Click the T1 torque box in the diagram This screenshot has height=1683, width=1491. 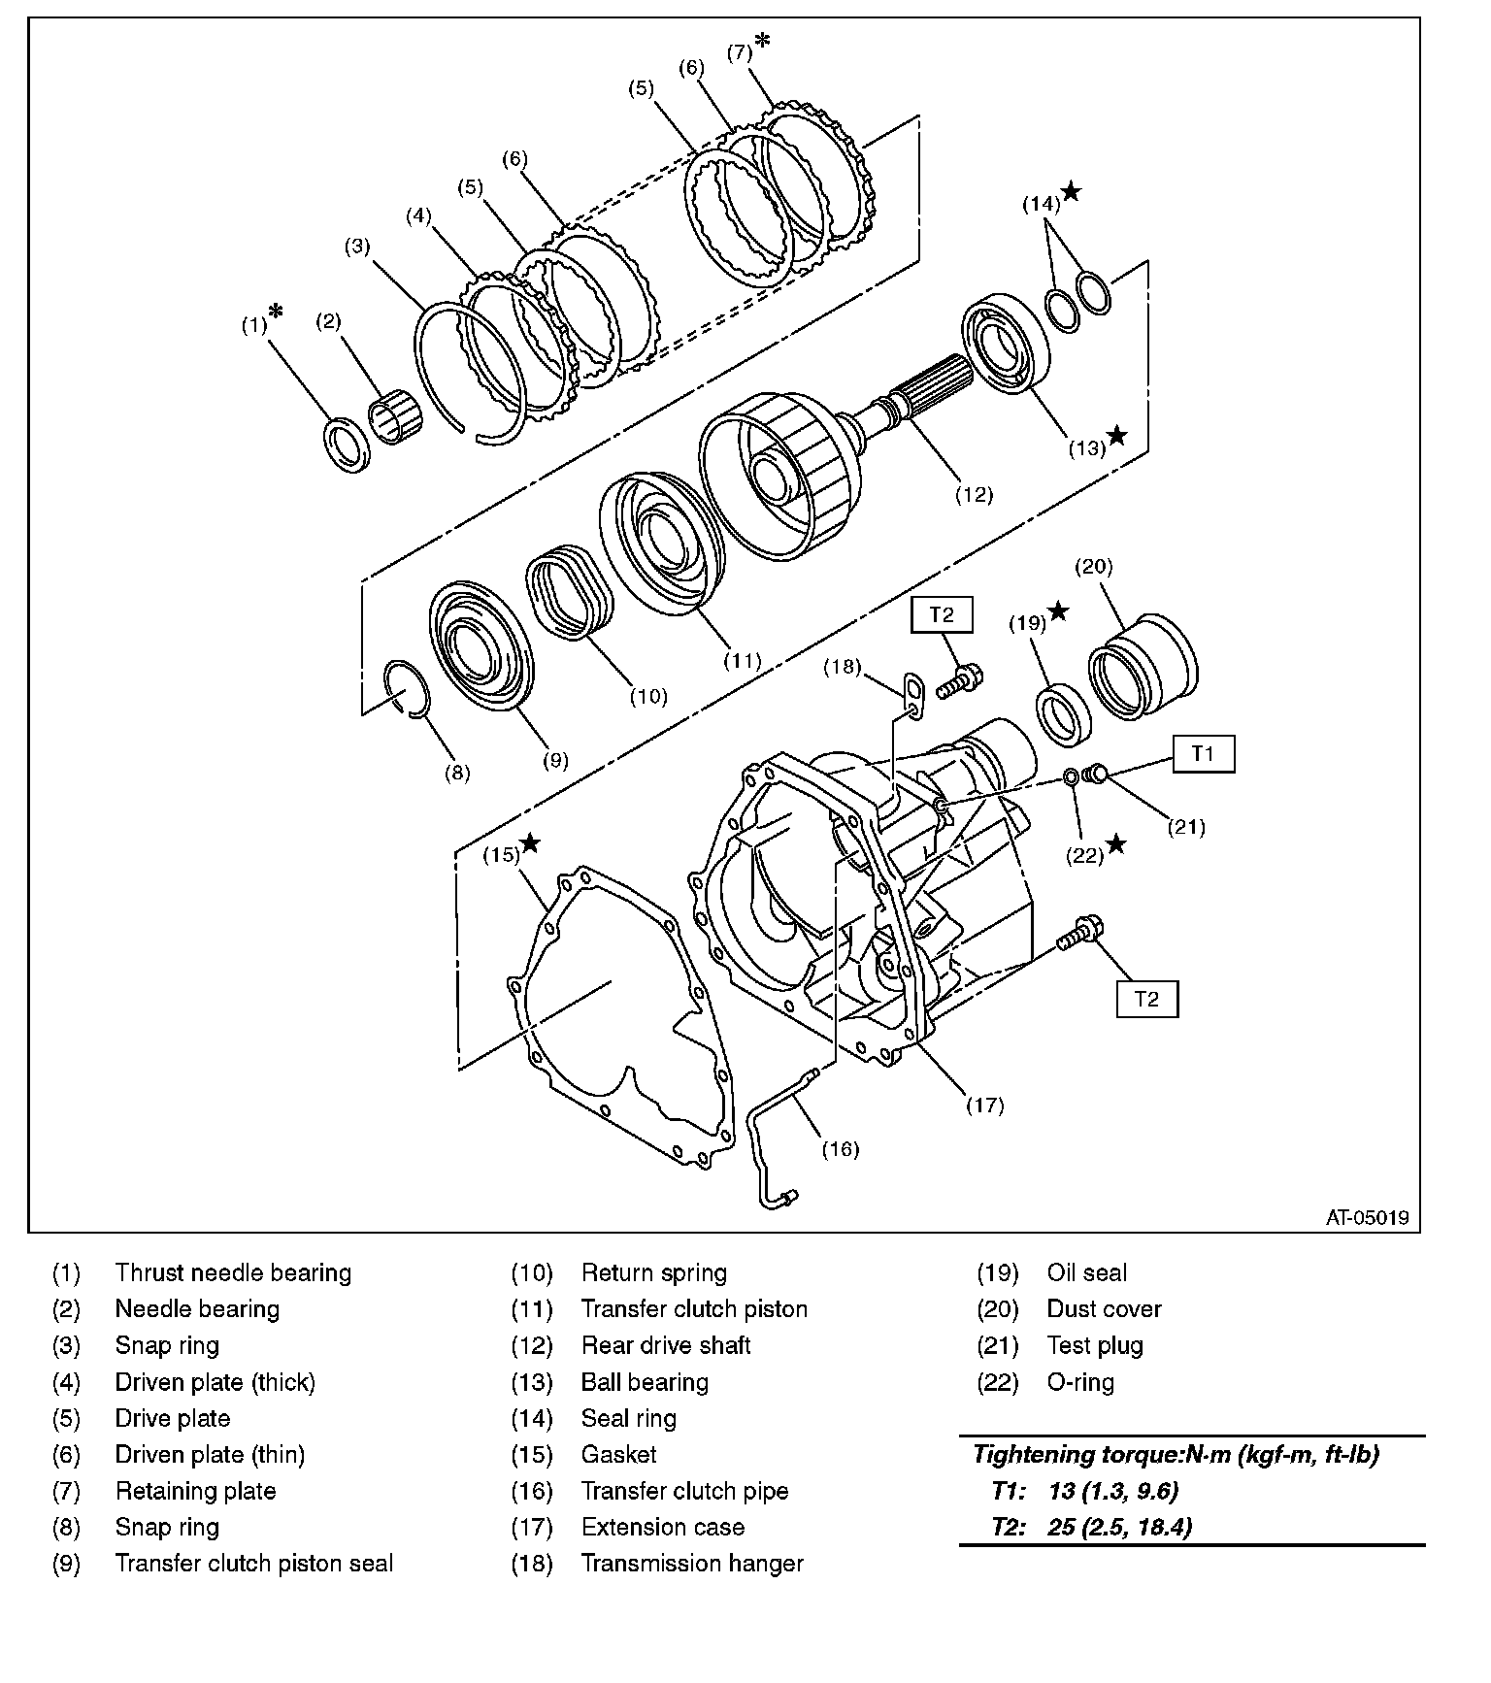pyautogui.click(x=1203, y=752)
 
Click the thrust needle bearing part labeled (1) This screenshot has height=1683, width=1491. pyautogui.click(x=345, y=445)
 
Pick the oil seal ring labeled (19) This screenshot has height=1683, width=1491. pyautogui.click(x=1064, y=715)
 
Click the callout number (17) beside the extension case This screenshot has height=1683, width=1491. pyautogui.click(x=984, y=1105)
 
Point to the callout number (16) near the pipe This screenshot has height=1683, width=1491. pyautogui.click(x=841, y=1149)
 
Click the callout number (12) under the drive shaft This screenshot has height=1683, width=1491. pyautogui.click(x=974, y=494)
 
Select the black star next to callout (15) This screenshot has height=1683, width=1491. pyautogui.click(x=530, y=842)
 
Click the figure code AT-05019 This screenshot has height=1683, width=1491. pyautogui.click(x=1367, y=1217)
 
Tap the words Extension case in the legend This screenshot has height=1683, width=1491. pyautogui.click(x=662, y=1527)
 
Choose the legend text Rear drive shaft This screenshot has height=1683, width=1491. pyautogui.click(x=666, y=1345)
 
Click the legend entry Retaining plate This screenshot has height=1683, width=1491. pyautogui.click(x=195, y=1491)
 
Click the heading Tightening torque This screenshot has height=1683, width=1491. pyautogui.click(x=1176, y=1454)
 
